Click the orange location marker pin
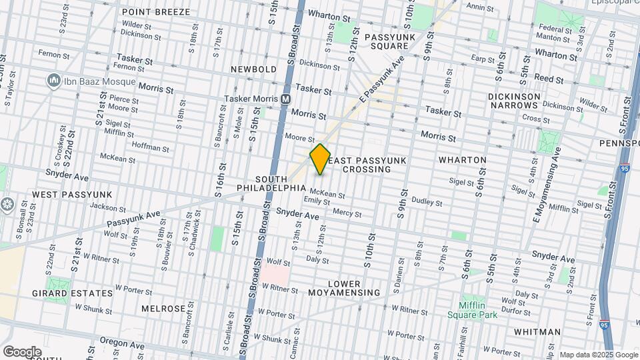pos(320,159)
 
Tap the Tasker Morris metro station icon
pos(285,99)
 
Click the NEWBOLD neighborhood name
pos(253,69)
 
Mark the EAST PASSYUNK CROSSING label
pos(366,165)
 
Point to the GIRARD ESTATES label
pos(73,293)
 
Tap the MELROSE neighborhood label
pos(163,309)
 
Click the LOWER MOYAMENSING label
pos(344,288)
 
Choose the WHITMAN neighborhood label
pos(537,331)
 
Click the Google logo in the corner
pos(22,351)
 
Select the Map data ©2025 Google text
pos(597,355)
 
